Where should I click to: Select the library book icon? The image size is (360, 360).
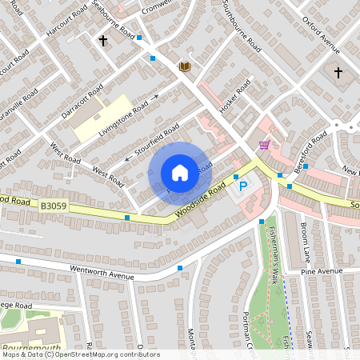[x=184, y=66]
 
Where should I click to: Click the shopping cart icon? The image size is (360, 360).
[x=264, y=145]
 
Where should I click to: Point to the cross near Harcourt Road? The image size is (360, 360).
[x=102, y=40]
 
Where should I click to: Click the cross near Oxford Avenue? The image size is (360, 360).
[x=338, y=73]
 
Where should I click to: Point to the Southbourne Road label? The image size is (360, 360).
[x=241, y=28]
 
